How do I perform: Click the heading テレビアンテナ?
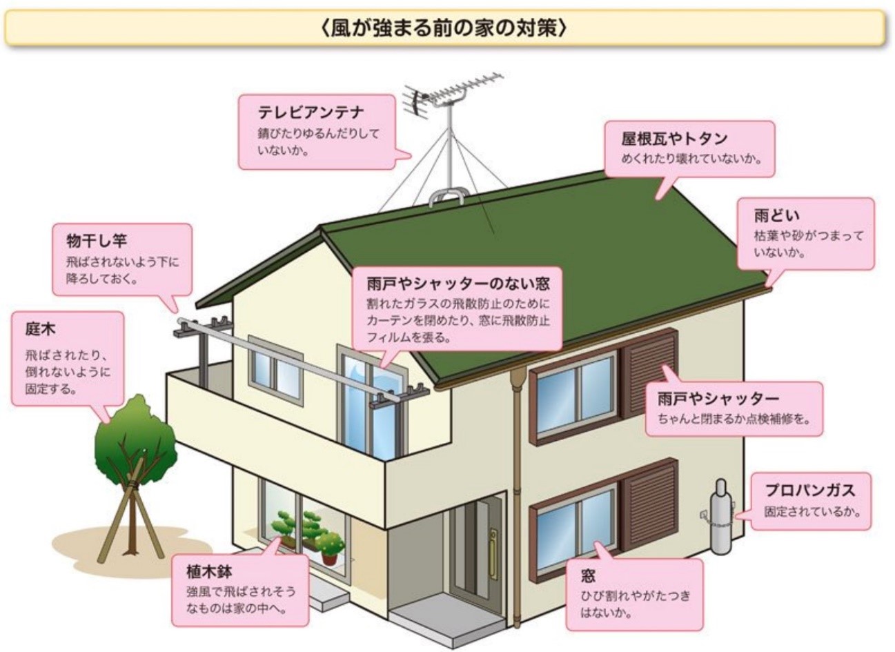click(x=311, y=112)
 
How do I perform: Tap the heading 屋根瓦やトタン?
click(x=674, y=139)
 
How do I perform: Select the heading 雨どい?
click(x=776, y=216)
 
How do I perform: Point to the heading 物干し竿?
click(x=97, y=241)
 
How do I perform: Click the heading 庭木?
click(x=40, y=329)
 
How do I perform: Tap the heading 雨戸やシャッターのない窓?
click(x=458, y=284)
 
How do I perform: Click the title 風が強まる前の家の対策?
click(x=444, y=29)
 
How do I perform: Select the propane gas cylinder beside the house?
click(x=720, y=517)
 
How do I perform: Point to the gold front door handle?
click(x=494, y=554)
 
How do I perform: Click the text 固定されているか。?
click(x=812, y=512)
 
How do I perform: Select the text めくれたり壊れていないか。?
click(x=691, y=159)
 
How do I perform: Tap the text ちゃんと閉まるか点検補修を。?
click(x=734, y=419)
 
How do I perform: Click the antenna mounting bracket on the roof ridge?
click(x=447, y=197)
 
